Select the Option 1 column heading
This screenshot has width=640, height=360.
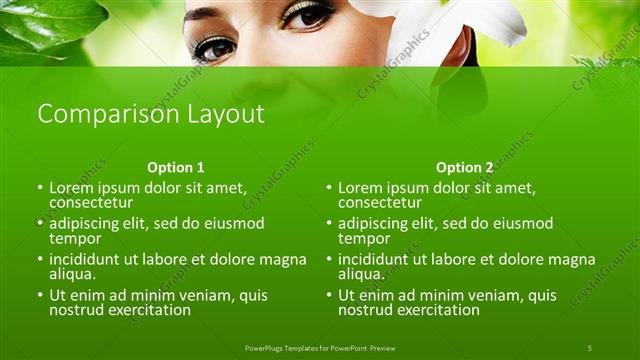[x=175, y=168]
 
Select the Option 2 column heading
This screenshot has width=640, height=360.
[x=464, y=168]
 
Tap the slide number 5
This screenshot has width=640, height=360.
[x=590, y=347]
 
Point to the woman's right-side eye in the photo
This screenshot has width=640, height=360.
[x=307, y=15]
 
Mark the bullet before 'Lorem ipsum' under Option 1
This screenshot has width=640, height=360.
[x=41, y=187]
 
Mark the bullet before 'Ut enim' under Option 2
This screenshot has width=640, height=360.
[x=329, y=296]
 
